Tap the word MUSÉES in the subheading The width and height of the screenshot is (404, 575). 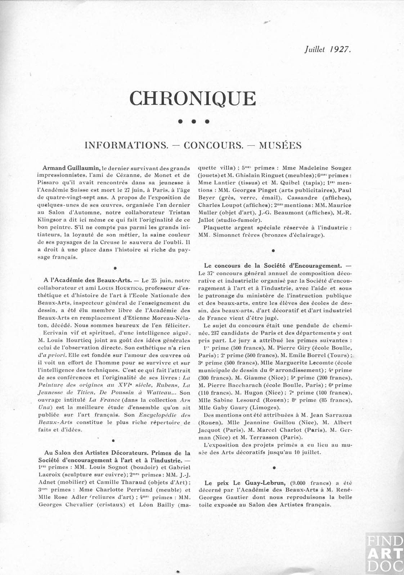coord(280,145)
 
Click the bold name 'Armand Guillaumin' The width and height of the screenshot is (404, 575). coord(71,168)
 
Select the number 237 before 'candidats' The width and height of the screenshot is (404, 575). coord(216,333)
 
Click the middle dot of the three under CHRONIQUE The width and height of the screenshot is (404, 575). coord(193,122)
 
